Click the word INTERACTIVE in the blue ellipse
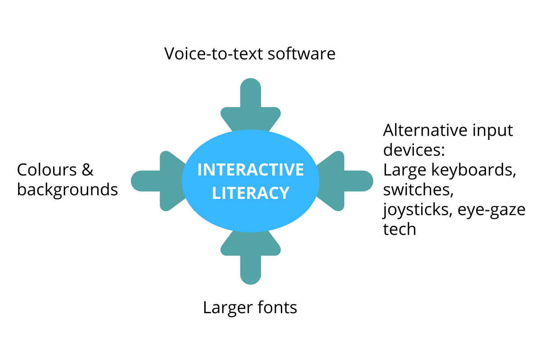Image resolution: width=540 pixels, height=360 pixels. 251,170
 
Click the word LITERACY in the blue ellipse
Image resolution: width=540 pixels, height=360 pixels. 251,193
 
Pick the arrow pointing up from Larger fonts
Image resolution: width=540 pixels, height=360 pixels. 251,257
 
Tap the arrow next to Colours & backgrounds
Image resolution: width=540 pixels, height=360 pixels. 159,181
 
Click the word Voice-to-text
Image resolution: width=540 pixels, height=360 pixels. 213,54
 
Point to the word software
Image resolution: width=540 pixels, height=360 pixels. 301,54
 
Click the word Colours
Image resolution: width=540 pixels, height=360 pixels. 47,170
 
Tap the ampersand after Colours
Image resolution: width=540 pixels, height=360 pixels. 87,170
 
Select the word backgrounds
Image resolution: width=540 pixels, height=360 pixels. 67,190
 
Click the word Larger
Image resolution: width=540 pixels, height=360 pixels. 228,308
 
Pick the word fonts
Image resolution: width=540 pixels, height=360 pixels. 277,307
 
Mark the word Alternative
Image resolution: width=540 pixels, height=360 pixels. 425,130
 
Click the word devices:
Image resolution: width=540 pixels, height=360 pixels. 414,150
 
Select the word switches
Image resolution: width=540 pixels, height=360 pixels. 418,190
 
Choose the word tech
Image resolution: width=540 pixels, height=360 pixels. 400,229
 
